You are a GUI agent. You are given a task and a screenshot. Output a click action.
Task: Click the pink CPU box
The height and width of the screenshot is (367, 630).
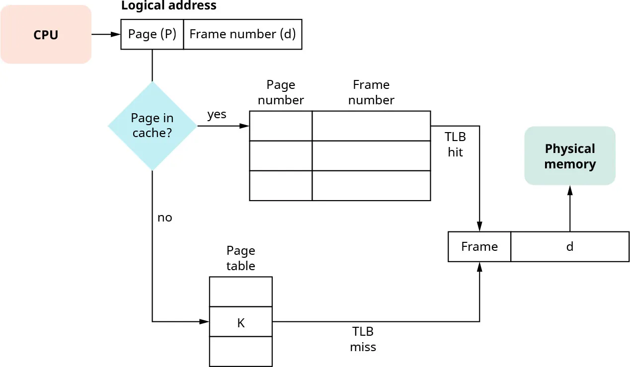(46, 35)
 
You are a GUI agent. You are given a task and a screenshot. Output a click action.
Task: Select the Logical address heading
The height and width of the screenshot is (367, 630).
(168, 6)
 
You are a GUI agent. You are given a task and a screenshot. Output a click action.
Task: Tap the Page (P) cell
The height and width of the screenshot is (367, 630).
(152, 34)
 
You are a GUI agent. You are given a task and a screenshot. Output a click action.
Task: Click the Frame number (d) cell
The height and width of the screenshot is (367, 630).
(242, 34)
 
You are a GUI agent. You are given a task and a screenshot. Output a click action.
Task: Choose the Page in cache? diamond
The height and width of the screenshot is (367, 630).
(152, 126)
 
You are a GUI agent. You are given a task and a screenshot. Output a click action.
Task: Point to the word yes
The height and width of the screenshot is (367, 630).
(217, 115)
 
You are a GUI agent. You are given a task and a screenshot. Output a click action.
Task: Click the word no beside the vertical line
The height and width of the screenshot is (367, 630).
(164, 218)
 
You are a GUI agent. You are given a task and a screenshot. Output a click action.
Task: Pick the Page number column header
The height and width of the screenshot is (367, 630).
(281, 92)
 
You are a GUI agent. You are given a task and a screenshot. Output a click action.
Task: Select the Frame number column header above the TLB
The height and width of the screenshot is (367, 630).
(371, 92)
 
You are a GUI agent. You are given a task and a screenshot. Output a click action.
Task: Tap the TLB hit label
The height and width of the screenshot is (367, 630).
(455, 145)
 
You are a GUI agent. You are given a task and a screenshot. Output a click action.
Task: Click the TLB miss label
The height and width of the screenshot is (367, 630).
(363, 339)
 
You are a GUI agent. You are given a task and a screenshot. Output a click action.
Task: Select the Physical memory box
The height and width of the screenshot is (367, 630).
(570, 156)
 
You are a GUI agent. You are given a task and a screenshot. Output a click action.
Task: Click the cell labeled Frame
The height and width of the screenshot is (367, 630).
(479, 247)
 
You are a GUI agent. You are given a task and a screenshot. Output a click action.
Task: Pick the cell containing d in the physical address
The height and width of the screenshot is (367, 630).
(569, 247)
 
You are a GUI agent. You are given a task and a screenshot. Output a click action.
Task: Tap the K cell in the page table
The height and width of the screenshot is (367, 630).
(240, 322)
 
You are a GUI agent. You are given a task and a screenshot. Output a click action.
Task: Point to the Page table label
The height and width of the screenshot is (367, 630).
(240, 258)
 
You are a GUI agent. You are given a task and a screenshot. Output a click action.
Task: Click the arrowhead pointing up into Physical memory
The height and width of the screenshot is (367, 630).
(570, 190)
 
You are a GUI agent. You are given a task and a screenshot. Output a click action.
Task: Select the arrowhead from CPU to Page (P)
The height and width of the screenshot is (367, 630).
(116, 34)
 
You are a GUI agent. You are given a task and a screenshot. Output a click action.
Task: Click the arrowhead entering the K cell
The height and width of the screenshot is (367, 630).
(205, 322)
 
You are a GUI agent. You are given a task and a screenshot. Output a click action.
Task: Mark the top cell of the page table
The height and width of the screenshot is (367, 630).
(240, 292)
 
